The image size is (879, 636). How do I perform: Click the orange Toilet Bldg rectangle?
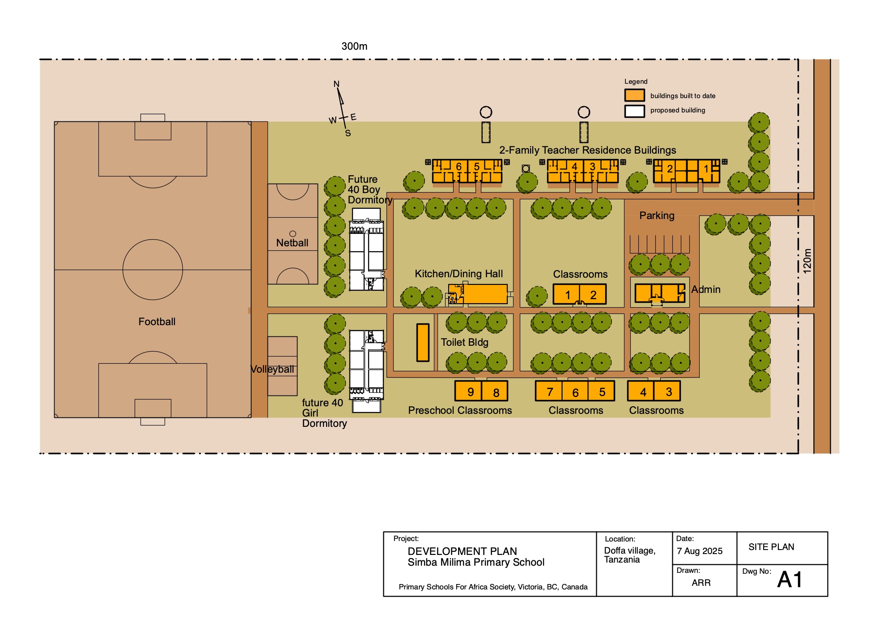click(x=423, y=342)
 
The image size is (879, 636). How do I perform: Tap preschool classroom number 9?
click(x=468, y=391)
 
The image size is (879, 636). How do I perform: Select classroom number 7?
click(x=549, y=391)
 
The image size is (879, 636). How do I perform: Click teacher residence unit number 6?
click(x=450, y=171)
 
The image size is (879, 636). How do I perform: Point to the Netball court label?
click(x=292, y=243)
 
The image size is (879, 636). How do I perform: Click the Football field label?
click(x=157, y=322)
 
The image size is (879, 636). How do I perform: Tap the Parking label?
click(x=657, y=215)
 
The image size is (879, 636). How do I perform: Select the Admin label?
click(x=706, y=289)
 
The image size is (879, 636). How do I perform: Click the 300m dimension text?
click(x=354, y=46)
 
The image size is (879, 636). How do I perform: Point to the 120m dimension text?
click(x=807, y=261)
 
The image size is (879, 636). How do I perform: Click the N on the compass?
click(x=336, y=84)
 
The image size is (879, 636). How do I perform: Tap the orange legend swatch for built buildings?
click(x=634, y=95)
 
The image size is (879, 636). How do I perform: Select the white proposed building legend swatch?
click(x=634, y=111)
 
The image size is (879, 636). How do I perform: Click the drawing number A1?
click(x=790, y=580)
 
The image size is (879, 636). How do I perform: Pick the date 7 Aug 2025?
click(x=700, y=551)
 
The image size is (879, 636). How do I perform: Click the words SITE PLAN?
click(x=771, y=547)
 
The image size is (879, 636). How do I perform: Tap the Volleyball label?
click(x=272, y=370)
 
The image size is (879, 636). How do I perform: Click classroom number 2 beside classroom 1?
click(x=593, y=295)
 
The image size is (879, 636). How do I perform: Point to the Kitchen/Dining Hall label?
click(x=459, y=274)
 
